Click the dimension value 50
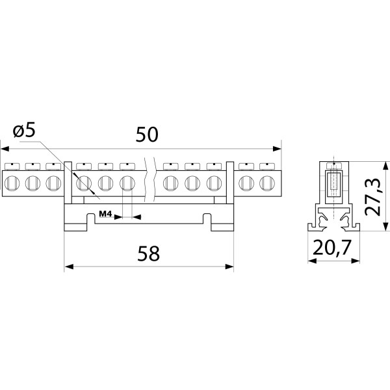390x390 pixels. click(147, 135)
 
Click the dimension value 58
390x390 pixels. click(148, 253)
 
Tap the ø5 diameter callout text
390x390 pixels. click(24, 131)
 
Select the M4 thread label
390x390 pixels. click(106, 213)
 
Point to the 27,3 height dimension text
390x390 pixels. click(372, 197)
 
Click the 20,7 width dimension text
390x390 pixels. click(332, 248)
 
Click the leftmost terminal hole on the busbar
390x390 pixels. click(12, 183)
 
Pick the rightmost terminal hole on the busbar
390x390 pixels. click(267, 183)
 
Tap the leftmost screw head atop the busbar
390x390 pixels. click(12, 166)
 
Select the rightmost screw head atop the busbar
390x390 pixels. click(267, 166)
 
